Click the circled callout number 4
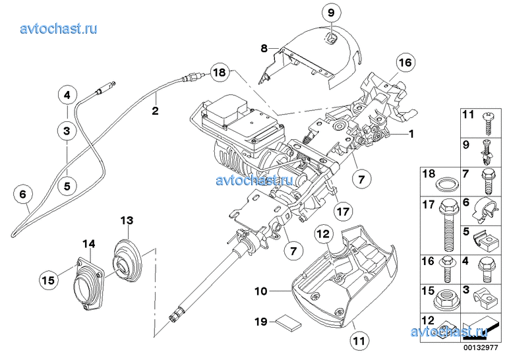67,96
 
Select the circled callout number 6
23,195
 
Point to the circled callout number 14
89,243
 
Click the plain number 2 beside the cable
155,111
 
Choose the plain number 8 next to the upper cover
263,48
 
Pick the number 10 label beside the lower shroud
261,289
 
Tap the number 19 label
260,322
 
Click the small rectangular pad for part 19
288,322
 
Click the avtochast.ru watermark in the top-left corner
59,28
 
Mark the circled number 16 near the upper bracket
404,63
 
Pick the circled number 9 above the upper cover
331,11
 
